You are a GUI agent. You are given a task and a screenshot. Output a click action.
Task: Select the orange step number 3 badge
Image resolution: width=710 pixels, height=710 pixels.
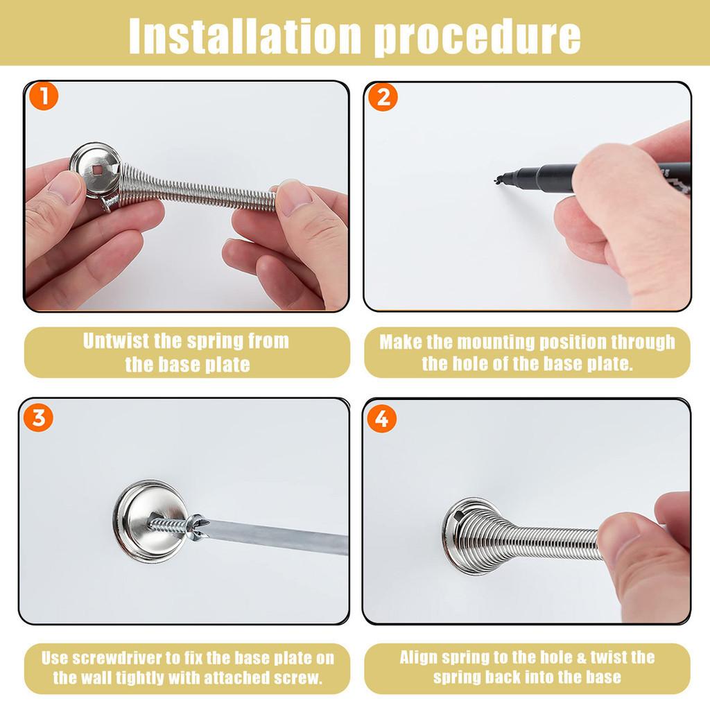[39, 418]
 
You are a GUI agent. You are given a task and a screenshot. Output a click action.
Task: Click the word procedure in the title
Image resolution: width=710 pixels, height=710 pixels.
[478, 34]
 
